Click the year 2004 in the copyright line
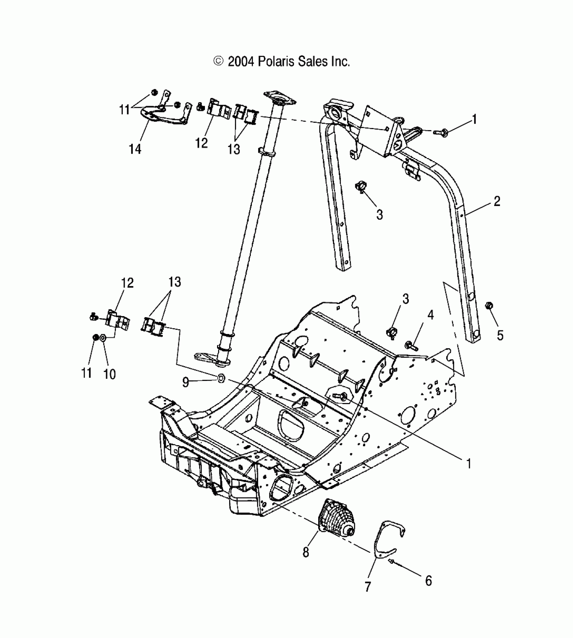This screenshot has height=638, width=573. coord(240,62)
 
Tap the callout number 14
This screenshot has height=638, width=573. coord(135,149)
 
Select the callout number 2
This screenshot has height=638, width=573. coord(497,201)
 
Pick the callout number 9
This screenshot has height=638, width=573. coord(185,382)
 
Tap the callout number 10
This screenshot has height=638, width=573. coord(110,374)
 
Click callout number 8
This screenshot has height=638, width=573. coord(306,553)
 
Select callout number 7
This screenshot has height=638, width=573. coord(368,587)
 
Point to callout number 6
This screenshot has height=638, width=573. coord(428,581)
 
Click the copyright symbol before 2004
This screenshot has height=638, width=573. coord(218,61)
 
